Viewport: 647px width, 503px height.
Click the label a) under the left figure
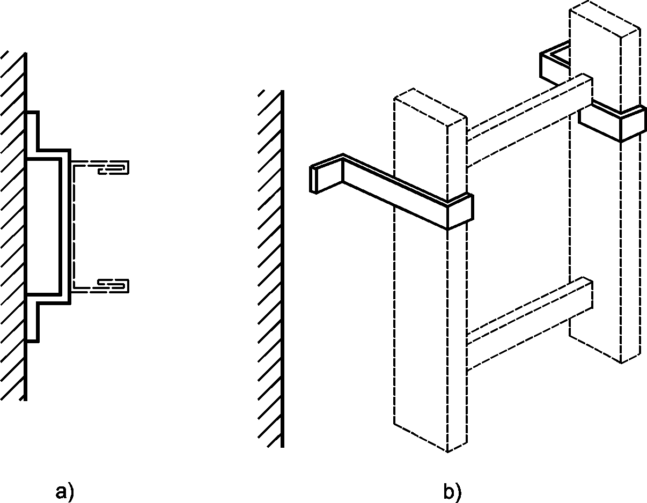click(x=64, y=492)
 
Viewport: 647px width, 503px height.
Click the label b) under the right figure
click(x=452, y=492)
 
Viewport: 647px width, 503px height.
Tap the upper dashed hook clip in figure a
click(x=113, y=167)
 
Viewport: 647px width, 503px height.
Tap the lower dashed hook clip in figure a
click(x=113, y=286)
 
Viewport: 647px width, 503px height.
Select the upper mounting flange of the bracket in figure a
click(x=33, y=131)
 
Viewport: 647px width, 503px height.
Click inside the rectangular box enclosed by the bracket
click(x=43, y=227)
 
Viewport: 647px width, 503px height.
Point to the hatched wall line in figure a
click(x=25, y=226)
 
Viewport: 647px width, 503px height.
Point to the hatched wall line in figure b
click(x=282, y=269)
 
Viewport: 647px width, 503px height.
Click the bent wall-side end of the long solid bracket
click(x=326, y=174)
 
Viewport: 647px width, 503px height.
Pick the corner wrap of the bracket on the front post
click(x=460, y=211)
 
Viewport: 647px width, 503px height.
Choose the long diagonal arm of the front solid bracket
click(x=394, y=191)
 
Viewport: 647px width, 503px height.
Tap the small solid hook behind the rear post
click(x=554, y=63)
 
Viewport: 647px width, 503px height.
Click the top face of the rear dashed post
click(x=605, y=19)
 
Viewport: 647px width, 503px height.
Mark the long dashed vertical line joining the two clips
click(x=73, y=226)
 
